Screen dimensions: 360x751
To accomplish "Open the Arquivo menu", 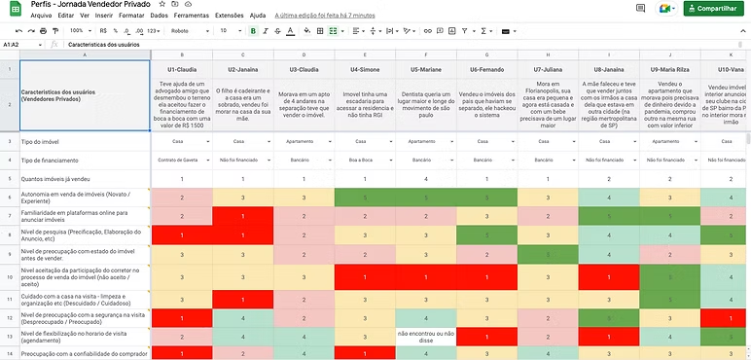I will [x=41, y=17].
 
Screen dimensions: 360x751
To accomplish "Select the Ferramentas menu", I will [x=191, y=17].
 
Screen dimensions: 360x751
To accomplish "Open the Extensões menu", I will [x=229, y=17].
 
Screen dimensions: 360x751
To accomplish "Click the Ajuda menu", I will [x=258, y=17].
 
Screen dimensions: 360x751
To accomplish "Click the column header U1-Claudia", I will [x=182, y=70].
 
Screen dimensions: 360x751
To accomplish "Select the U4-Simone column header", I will [x=363, y=70].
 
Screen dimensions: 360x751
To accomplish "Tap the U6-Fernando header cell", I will [x=486, y=70].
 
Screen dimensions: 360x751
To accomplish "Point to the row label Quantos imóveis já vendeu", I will [x=57, y=179].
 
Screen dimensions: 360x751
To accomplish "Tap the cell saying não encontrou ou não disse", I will [x=424, y=337].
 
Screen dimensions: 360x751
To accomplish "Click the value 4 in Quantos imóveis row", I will [x=424, y=179].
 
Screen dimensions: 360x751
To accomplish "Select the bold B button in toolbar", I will [x=253, y=31].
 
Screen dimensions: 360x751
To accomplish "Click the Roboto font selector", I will [x=185, y=31].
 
